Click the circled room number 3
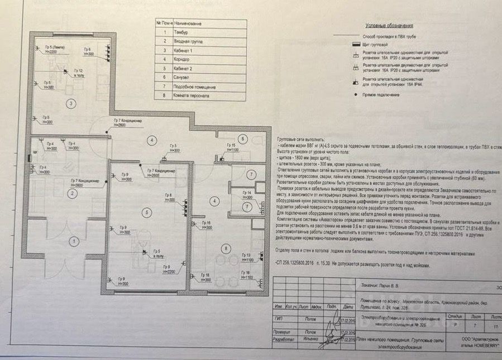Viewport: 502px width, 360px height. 71,103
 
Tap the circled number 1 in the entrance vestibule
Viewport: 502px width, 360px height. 72,241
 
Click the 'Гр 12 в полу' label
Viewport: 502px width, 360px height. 78,73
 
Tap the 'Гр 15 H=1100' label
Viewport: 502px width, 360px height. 231,147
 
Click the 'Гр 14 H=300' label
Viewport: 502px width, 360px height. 246,195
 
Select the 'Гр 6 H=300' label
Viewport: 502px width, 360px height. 88,51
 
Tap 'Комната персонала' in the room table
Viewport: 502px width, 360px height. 193,96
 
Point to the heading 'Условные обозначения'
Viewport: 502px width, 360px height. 389,26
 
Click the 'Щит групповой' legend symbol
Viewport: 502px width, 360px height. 355,45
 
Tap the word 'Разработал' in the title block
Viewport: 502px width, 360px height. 282,340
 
